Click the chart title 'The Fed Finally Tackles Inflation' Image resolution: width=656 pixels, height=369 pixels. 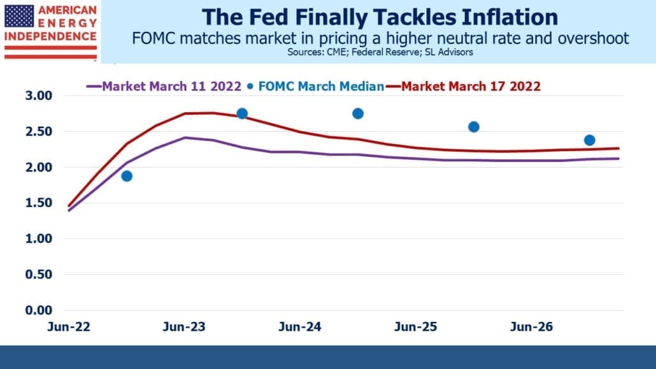tap(380, 17)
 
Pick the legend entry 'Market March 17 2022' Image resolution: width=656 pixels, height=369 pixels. tap(463, 86)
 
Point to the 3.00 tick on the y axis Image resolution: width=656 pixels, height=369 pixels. tap(38, 96)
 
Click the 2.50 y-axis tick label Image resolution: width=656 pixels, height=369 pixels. tap(38, 131)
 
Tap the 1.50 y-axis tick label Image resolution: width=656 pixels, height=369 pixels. tap(38, 203)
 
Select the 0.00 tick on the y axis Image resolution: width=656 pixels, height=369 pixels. tap(38, 310)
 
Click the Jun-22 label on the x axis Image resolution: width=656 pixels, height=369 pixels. tap(69, 327)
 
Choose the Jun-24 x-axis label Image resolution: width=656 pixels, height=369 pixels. tap(300, 327)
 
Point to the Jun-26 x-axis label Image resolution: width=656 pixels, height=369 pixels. tap(531, 327)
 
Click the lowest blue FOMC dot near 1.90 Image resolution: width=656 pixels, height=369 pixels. tap(127, 176)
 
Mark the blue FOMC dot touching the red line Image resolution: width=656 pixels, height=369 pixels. tap(242, 113)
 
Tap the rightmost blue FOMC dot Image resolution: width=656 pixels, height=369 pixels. tap(590, 140)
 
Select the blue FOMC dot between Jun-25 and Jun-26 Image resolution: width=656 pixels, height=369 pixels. tap(474, 127)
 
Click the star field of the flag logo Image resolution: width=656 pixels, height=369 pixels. tap(19, 17)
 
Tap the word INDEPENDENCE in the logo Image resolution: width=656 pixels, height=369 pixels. tap(50, 36)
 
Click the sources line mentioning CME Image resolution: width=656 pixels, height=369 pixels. tap(380, 52)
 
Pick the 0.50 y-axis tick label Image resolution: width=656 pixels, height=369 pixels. tap(38, 274)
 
